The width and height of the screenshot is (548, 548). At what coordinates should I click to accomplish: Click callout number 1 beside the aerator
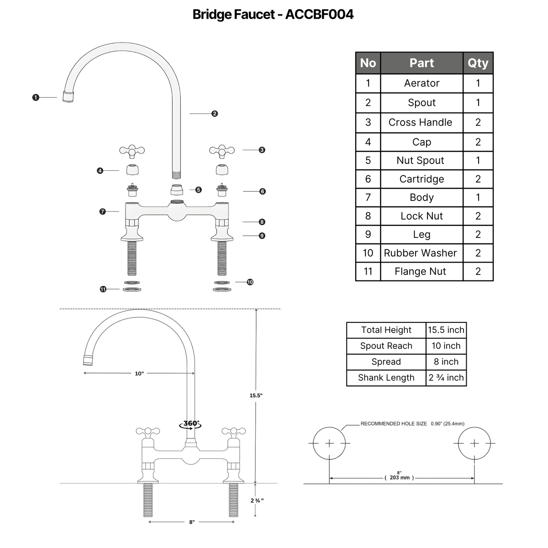pyautogui.click(x=36, y=98)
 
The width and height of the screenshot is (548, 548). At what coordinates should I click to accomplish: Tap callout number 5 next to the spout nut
pyautogui.click(x=199, y=190)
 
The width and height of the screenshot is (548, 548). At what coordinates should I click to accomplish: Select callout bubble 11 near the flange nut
pyautogui.click(x=103, y=289)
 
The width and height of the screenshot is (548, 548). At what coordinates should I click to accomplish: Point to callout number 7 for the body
pyautogui.click(x=102, y=211)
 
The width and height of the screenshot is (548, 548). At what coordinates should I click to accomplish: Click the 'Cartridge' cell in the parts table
pyautogui.click(x=422, y=179)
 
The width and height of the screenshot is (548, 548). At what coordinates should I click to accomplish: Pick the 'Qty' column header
pyautogui.click(x=478, y=63)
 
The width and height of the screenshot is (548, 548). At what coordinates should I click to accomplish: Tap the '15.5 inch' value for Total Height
pyautogui.click(x=446, y=330)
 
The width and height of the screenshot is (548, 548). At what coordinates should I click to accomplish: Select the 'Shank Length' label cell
pyautogui.click(x=386, y=378)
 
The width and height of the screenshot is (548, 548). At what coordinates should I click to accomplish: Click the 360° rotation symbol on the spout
pyautogui.click(x=190, y=424)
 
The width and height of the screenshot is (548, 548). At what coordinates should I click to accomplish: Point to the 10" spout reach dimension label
pyautogui.click(x=139, y=374)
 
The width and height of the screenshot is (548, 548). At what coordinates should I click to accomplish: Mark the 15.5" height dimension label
pyautogui.click(x=256, y=395)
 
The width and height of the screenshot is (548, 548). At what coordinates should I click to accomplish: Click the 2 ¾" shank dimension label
pyautogui.click(x=257, y=508)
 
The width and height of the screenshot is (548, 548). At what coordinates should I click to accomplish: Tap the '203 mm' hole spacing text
pyautogui.click(x=400, y=478)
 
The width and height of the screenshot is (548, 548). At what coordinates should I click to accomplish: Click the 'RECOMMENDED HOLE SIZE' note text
pyautogui.click(x=394, y=423)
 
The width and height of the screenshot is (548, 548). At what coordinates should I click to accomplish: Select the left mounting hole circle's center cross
pyautogui.click(x=329, y=443)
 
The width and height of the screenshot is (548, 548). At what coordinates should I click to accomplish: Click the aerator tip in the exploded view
pyautogui.click(x=68, y=97)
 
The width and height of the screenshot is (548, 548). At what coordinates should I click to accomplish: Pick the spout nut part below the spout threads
pyautogui.click(x=177, y=190)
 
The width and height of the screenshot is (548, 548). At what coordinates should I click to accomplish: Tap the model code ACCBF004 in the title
pyautogui.click(x=319, y=14)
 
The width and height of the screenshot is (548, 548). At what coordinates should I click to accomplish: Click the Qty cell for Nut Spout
pyautogui.click(x=478, y=160)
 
